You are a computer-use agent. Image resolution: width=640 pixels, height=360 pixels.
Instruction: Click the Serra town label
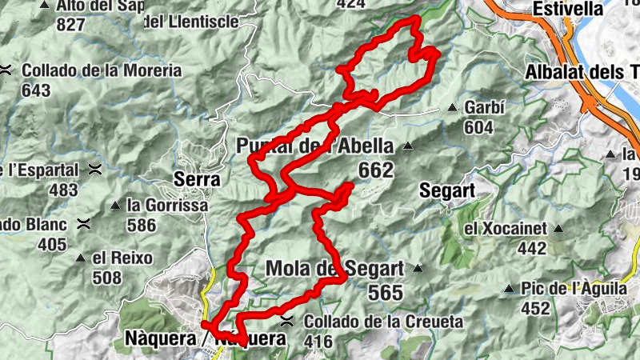point(197,180)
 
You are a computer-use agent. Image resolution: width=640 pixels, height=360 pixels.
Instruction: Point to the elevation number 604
point(478,127)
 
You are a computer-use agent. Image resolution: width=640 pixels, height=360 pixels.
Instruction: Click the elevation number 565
point(386,293)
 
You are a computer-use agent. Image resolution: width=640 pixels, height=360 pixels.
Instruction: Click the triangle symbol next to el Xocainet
point(558,229)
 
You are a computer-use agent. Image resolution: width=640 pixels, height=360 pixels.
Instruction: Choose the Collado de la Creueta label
point(383,322)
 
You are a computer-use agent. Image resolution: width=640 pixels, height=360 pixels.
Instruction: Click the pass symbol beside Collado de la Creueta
point(287,322)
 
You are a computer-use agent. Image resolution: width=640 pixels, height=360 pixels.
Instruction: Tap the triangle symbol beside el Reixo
point(81,258)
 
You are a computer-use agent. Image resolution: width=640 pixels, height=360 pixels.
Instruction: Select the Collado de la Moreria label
point(102,70)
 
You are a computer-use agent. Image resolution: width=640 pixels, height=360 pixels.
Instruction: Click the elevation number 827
point(71,25)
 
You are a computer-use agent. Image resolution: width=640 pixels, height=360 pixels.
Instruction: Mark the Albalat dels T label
point(582,73)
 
